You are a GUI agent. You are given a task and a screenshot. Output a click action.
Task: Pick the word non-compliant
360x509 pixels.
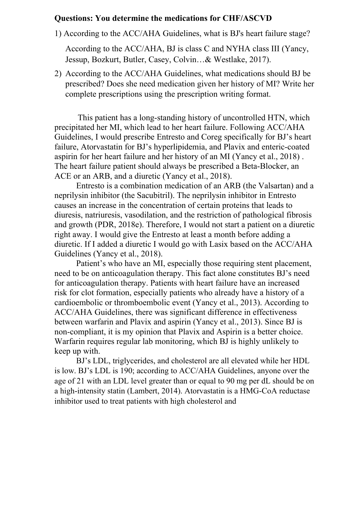(x=78, y=332)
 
